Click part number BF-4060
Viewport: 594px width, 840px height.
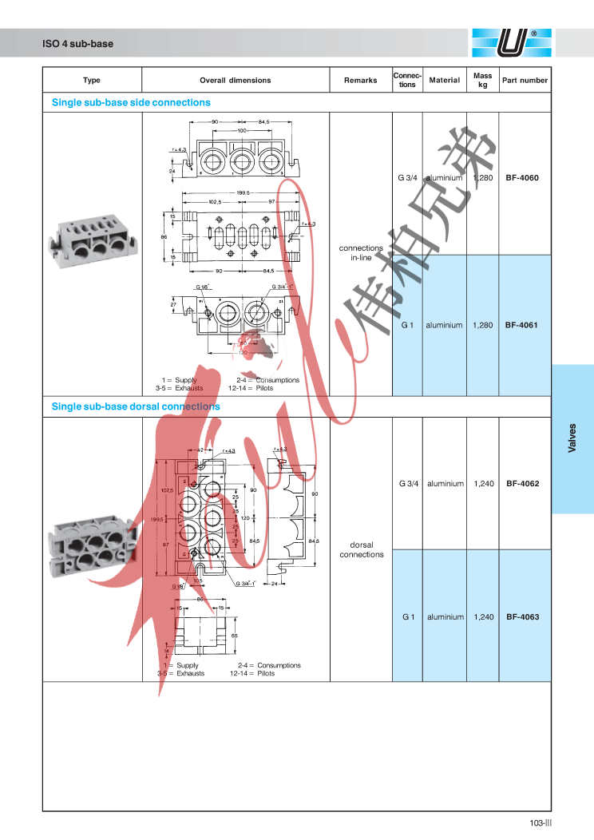tap(522, 177)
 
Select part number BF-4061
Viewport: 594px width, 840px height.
tap(522, 326)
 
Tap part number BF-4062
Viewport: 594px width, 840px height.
tap(522, 484)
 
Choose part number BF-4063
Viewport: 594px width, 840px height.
tap(522, 617)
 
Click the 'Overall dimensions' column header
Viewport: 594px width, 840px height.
tap(235, 81)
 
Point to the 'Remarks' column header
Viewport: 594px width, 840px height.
tap(360, 81)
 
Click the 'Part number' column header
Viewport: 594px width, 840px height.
tap(525, 81)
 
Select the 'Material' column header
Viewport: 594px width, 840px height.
tap(445, 81)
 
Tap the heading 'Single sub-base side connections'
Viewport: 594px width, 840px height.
tap(131, 103)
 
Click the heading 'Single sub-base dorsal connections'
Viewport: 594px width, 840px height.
tap(136, 406)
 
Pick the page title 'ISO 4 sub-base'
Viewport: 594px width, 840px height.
tap(78, 45)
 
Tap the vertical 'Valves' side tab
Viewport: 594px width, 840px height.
tap(572, 438)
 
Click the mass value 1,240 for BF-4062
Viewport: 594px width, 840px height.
tap(483, 484)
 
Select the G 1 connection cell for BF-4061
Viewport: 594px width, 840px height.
tap(407, 326)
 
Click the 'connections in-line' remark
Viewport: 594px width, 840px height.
tap(361, 252)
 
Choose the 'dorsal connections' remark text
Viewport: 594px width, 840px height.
tap(361, 549)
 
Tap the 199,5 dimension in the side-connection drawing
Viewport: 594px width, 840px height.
tap(244, 192)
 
